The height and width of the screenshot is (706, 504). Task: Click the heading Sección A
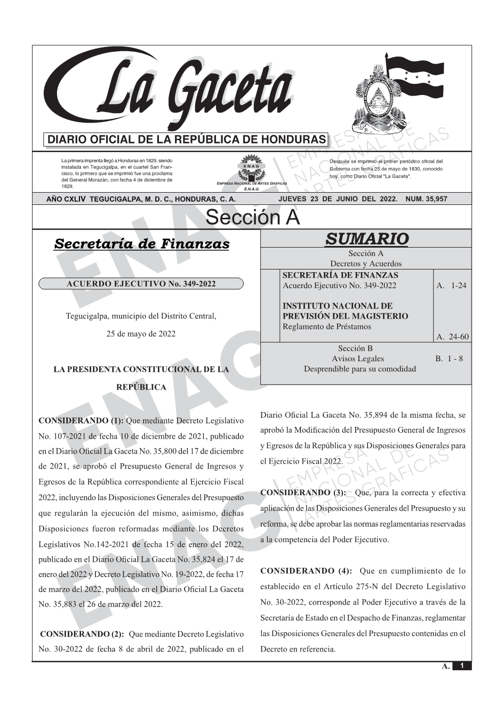(252, 218)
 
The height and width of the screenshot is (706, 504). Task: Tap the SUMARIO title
(366, 239)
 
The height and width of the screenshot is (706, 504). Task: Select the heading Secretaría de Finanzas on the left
(142, 244)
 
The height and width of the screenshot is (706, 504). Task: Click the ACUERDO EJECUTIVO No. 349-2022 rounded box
(141, 283)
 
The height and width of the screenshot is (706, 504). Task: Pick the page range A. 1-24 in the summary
(451, 285)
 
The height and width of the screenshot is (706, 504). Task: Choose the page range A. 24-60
(452, 337)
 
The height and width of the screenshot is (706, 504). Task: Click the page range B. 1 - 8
(449, 359)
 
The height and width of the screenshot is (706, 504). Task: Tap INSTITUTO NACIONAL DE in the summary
(337, 306)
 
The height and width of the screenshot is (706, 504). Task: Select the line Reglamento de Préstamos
(326, 326)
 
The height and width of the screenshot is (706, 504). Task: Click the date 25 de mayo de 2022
(141, 334)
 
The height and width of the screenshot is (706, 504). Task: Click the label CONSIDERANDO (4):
(306, 571)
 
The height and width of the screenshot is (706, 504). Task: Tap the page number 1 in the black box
(462, 666)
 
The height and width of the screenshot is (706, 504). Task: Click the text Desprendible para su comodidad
(359, 369)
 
